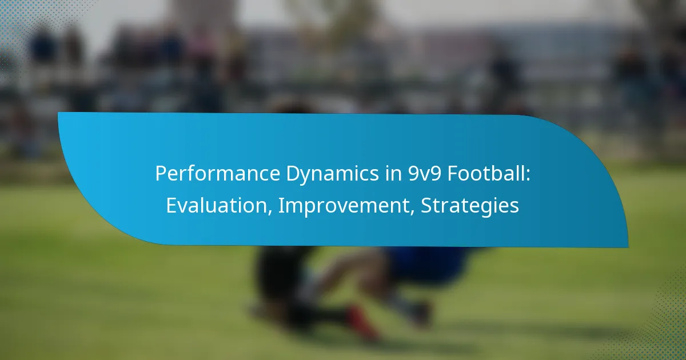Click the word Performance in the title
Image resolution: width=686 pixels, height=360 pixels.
[218, 174]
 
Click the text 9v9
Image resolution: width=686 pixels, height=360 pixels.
[424, 174]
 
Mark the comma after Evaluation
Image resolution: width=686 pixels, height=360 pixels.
[269, 212]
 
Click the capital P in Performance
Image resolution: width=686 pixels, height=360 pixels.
[161, 174]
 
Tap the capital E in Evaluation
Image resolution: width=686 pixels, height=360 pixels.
[171, 205]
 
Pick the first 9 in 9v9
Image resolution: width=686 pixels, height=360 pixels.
[413, 174]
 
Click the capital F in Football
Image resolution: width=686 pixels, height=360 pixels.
[453, 174]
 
